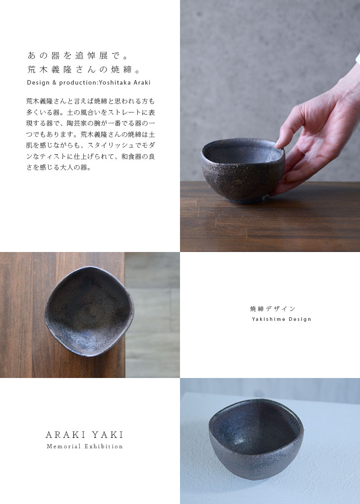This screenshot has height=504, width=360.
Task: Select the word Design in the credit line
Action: tap(38, 83)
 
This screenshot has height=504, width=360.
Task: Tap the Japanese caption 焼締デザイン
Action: tap(273, 309)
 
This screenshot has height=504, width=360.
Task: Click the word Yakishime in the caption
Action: tap(267, 319)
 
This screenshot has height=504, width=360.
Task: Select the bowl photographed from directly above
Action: tap(89, 311)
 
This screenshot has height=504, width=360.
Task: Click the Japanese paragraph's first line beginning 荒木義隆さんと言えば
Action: tap(90, 101)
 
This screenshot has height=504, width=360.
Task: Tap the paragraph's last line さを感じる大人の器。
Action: tap(59, 168)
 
